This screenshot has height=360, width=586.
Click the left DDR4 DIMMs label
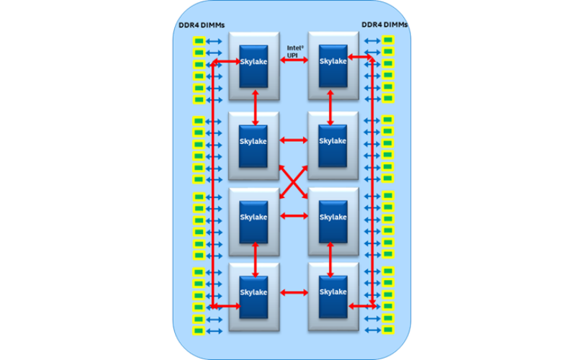point(202,25)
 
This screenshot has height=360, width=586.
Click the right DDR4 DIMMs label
point(384,25)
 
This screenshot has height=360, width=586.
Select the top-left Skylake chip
point(253,61)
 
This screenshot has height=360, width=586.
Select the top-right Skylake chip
point(333,61)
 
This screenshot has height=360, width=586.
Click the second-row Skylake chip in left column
point(253,140)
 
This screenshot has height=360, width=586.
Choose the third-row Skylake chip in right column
point(333,217)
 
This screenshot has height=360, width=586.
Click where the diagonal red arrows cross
point(293,179)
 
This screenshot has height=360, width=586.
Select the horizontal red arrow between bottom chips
point(293,292)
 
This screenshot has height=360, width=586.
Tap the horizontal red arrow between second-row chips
point(293,140)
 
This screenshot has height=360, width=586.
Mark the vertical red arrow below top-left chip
point(256,106)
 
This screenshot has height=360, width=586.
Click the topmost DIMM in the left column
point(197,40)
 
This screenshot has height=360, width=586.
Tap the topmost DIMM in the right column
point(388,40)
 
